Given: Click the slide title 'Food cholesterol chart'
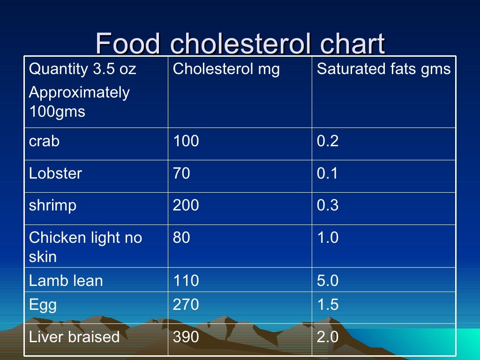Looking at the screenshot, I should tap(240, 44).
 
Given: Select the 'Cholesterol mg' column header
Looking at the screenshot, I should tap(226, 69).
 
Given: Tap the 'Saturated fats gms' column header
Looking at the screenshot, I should tap(383, 69).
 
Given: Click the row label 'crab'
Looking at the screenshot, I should tap(44, 141).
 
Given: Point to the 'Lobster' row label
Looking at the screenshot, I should tap(55, 173).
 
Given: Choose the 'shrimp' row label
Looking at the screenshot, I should tap(52, 206).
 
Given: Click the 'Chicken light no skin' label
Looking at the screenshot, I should tap(85, 247).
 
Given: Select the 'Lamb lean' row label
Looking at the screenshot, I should tap(66, 281).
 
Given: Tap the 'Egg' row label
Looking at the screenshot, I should tap(43, 306).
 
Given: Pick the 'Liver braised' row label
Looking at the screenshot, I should tap(74, 337).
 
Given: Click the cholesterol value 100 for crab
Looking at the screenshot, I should tap(186, 141).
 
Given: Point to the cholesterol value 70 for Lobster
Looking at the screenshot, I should tap(181, 173).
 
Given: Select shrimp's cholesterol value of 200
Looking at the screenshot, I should tap(186, 205).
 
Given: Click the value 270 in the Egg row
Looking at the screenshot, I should tap(186, 305).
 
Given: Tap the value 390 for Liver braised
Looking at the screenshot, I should tap(186, 337).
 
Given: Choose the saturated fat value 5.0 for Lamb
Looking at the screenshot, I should tap(328, 281).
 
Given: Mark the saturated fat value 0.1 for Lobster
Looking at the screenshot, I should tap(328, 173).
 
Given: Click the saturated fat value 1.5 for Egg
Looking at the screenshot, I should tap(328, 305).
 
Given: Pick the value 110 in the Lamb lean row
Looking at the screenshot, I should tap(186, 281).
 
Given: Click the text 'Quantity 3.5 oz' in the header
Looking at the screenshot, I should tap(82, 69).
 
